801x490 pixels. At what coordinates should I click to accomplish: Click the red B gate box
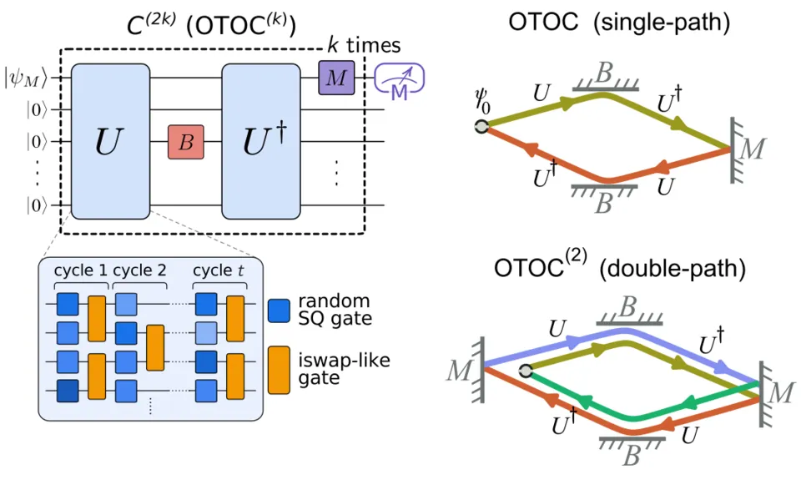(186, 142)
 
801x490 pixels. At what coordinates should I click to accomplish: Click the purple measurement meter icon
(400, 80)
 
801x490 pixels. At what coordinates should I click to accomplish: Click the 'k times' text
(363, 45)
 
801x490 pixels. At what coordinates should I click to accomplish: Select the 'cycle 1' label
(81, 272)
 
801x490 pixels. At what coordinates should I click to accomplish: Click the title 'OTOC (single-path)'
(619, 23)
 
